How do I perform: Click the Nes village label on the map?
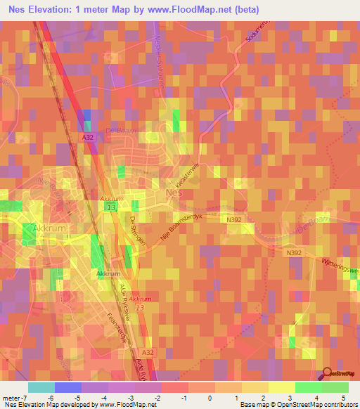pyautogui.click(x=174, y=193)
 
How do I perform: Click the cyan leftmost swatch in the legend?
pyautogui.click(x=41, y=387)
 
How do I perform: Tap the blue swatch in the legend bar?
pyautogui.click(x=67, y=387)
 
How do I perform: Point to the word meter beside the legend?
pyautogui.click(x=11, y=397)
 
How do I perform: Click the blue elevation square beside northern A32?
pyautogui.click(x=84, y=117)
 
